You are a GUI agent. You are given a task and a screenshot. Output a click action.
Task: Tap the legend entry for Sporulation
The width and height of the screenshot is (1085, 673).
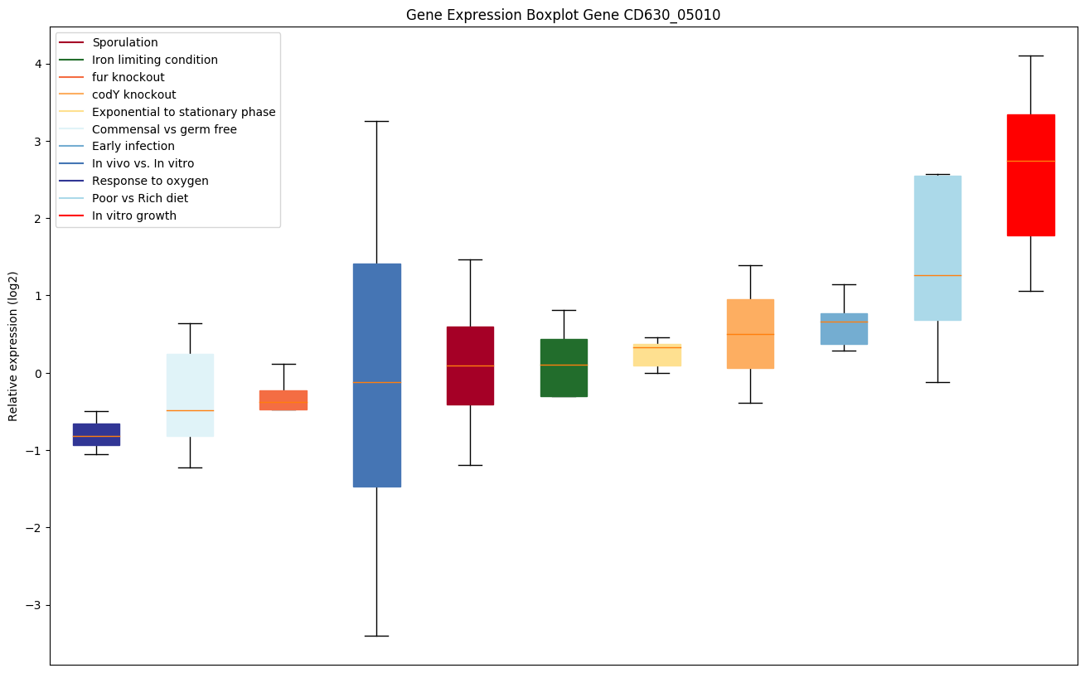pyautogui.click(x=125, y=42)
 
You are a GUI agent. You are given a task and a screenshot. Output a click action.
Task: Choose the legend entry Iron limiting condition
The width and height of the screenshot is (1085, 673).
pyautogui.click(x=155, y=60)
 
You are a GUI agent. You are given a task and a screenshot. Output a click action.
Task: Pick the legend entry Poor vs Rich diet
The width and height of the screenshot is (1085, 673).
pyautogui.click(x=140, y=198)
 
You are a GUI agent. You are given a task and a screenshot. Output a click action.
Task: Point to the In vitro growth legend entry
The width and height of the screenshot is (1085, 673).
pyautogui.click(x=134, y=215)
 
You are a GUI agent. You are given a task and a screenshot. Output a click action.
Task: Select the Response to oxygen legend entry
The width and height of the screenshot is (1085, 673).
pyautogui.click(x=150, y=181)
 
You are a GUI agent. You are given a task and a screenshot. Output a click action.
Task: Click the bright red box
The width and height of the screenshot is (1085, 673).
pyautogui.click(x=1030, y=175)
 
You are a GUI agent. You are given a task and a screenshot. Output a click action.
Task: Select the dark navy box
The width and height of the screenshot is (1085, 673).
pyautogui.click(x=96, y=434)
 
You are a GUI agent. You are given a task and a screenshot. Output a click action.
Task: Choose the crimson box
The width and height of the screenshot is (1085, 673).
pyautogui.click(x=470, y=366)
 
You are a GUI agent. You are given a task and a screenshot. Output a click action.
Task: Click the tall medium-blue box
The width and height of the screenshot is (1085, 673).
pyautogui.click(x=376, y=375)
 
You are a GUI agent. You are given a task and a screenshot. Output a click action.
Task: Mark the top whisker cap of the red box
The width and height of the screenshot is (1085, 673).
pyautogui.click(x=1030, y=56)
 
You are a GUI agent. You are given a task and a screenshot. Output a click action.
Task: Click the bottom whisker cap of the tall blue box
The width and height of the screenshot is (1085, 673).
pyautogui.click(x=376, y=636)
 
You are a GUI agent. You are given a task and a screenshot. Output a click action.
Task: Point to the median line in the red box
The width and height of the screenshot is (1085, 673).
pyautogui.click(x=1030, y=161)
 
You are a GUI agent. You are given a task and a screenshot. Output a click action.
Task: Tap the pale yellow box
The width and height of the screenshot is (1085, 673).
pyautogui.click(x=657, y=355)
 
